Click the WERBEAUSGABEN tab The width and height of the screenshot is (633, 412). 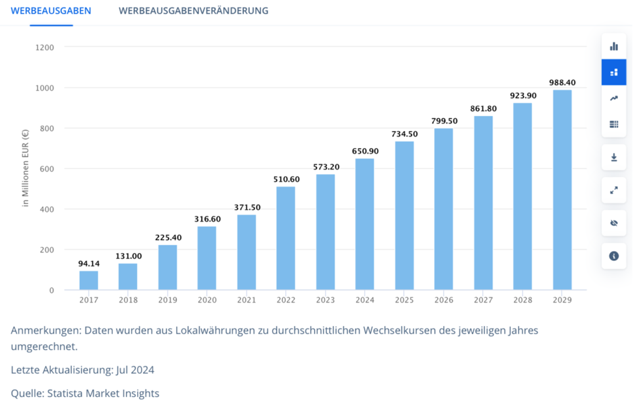coord(51,11)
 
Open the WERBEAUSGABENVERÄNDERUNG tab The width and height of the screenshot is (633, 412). coord(193,11)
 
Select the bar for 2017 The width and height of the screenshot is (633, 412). coord(89,280)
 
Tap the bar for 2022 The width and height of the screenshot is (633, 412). coord(286,239)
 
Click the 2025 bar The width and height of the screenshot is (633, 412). coord(404,216)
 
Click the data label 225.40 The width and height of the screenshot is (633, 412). coord(168,237)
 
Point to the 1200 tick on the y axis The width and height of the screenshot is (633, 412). coord(46,48)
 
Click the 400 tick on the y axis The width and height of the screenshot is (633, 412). coord(46,209)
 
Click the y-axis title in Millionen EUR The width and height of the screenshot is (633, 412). coord(25,169)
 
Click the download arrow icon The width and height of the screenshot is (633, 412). coord(613,157)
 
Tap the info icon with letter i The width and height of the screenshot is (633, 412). coord(613,256)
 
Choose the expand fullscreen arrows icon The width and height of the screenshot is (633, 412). coord(613,190)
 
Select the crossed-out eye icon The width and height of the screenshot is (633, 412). coord(613,223)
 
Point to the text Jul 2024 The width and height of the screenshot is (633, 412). coord(135,370)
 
